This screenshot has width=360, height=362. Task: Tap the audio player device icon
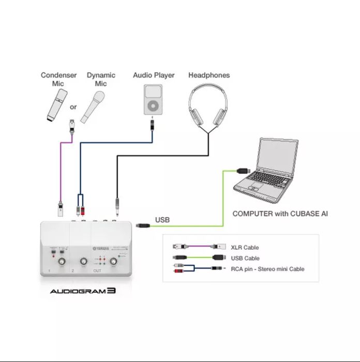(153, 100)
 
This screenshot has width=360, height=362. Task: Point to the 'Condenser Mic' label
(58, 79)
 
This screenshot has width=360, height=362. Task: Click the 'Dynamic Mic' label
(101, 79)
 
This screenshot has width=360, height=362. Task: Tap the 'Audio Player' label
(154, 75)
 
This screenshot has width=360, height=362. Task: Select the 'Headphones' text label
(209, 75)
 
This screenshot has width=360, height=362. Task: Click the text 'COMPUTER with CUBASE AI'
(280, 213)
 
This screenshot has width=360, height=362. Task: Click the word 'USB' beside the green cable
(162, 220)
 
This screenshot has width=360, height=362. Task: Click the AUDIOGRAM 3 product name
(82, 291)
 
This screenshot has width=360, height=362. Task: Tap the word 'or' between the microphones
(73, 107)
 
